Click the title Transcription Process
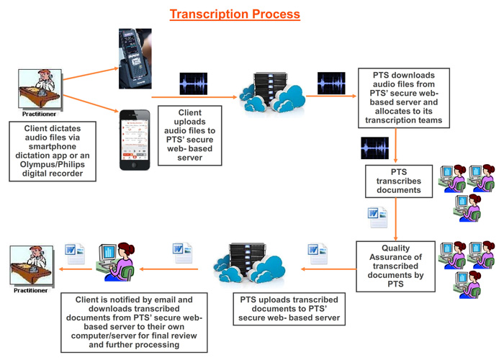(235, 14)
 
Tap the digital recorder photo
(135, 58)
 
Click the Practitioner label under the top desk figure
(37, 114)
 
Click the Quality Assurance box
(395, 265)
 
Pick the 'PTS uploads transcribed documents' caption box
(287, 308)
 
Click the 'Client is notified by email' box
(135, 320)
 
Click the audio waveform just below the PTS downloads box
(374, 148)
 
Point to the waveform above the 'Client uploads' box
(193, 84)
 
